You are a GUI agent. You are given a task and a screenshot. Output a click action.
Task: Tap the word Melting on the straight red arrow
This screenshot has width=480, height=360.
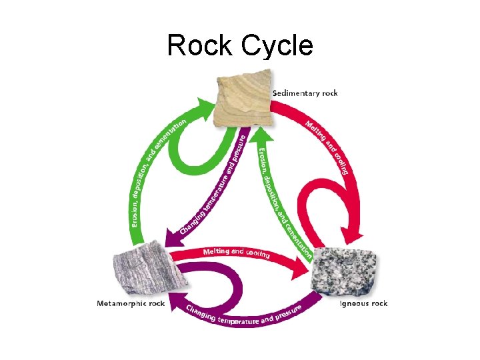click(x=215, y=251)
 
